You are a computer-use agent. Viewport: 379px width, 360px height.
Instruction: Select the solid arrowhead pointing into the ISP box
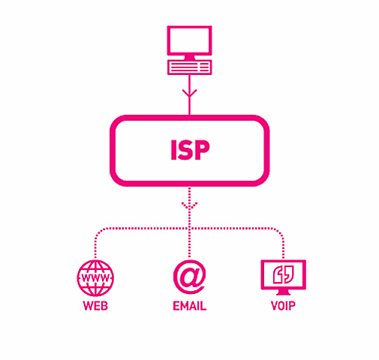point(189,94)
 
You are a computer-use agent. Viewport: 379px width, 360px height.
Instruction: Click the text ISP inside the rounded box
point(189,150)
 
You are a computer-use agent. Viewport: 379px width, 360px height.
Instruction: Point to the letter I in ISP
point(172,150)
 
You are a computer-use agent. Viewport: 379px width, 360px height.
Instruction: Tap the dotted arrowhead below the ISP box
point(189,204)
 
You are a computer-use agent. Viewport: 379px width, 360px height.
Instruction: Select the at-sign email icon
point(189,277)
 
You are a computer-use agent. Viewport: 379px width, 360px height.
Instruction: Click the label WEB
point(95,307)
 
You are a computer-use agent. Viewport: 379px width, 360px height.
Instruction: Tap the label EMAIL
point(189,307)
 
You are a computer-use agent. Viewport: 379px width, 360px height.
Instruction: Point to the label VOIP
point(283,307)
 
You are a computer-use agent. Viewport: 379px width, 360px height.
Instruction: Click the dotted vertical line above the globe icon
point(95,244)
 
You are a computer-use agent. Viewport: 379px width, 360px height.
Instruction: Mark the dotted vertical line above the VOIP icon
point(284,244)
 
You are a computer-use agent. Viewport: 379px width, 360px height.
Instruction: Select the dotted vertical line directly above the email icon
point(189,240)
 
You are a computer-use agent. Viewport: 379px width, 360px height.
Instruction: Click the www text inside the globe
point(95,278)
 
